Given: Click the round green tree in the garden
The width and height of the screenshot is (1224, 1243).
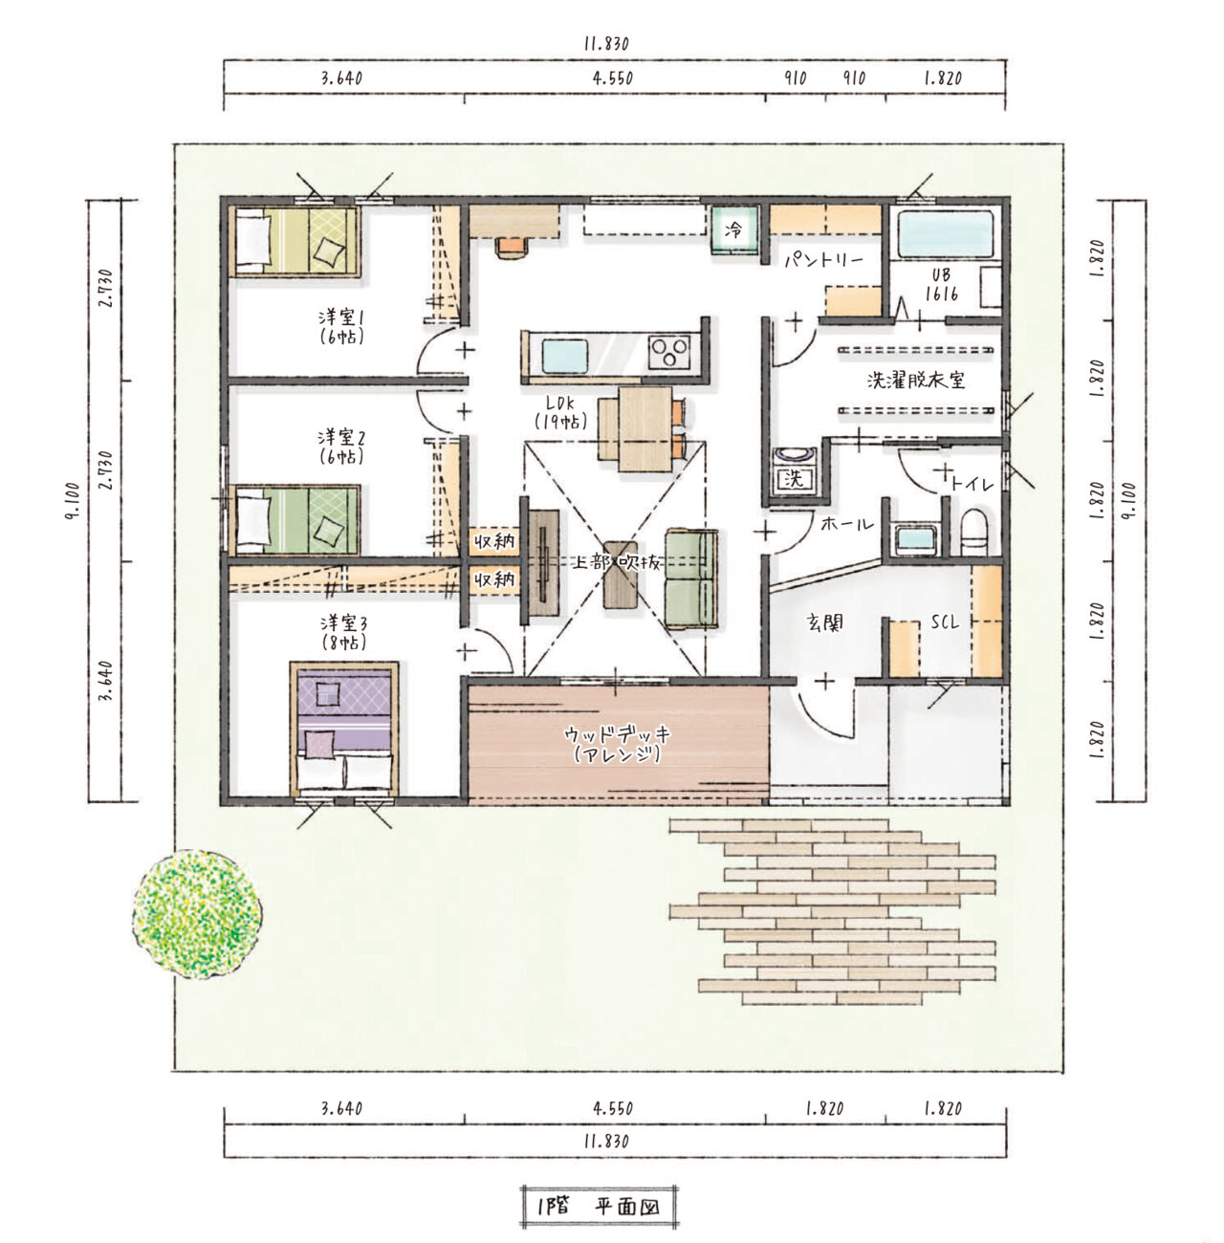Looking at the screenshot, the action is (197, 914).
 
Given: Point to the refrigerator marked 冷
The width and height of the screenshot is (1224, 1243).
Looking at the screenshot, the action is (734, 229).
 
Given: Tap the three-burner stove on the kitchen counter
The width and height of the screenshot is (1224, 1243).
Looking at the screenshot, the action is (669, 353).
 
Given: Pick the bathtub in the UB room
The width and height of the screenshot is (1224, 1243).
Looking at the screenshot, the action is (946, 233).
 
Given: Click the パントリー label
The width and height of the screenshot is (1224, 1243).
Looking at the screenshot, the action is (824, 261).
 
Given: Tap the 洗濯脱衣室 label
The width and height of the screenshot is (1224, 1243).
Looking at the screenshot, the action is (916, 381).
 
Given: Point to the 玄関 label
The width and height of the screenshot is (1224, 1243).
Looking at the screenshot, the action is (825, 622).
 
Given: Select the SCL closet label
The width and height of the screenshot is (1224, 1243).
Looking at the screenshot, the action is (945, 621).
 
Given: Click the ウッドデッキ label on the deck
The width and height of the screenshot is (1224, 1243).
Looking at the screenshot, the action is (618, 734).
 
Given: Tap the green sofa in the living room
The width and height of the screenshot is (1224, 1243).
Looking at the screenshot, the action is (690, 578).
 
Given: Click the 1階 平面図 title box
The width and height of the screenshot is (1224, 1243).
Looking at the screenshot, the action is (598, 1207).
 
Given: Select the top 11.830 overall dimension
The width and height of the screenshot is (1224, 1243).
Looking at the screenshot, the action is (606, 44).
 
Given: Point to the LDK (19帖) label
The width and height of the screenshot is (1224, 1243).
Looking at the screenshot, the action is (560, 411).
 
